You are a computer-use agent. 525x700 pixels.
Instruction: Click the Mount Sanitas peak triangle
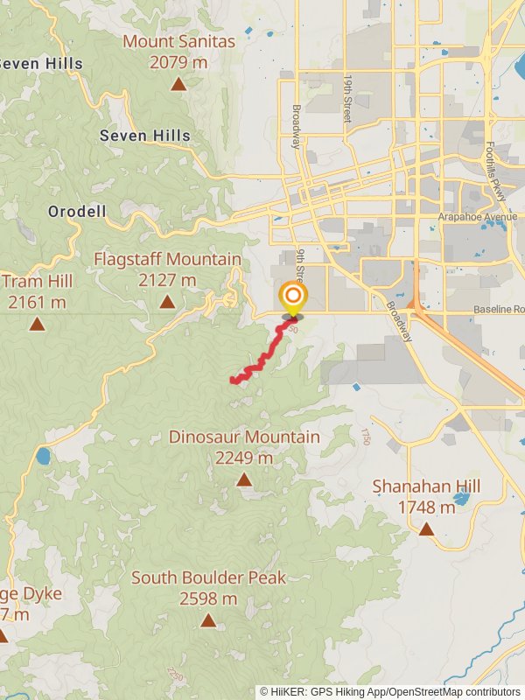click(x=178, y=84)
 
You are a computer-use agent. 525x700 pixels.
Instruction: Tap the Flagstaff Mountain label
click(x=167, y=259)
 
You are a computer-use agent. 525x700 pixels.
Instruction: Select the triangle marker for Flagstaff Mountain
click(x=166, y=302)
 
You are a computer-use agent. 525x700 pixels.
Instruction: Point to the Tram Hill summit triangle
click(x=37, y=324)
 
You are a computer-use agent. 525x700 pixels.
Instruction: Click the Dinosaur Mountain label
click(x=244, y=437)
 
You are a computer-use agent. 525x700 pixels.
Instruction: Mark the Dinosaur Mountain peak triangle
click(x=243, y=479)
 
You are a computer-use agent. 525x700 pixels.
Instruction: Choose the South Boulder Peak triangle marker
click(x=208, y=620)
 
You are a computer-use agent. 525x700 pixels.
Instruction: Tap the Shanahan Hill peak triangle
click(x=426, y=528)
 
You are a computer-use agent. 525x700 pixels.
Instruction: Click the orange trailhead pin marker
click(x=291, y=297)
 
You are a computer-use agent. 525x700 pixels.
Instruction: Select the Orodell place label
click(x=77, y=212)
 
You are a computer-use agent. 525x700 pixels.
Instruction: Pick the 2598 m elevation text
click(x=208, y=598)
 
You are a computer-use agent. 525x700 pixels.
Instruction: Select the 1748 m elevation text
click(x=426, y=507)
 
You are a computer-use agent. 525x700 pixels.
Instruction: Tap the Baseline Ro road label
click(x=499, y=310)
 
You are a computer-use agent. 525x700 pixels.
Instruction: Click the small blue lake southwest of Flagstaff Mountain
click(x=44, y=456)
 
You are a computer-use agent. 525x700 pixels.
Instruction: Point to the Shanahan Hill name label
click(x=426, y=486)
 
